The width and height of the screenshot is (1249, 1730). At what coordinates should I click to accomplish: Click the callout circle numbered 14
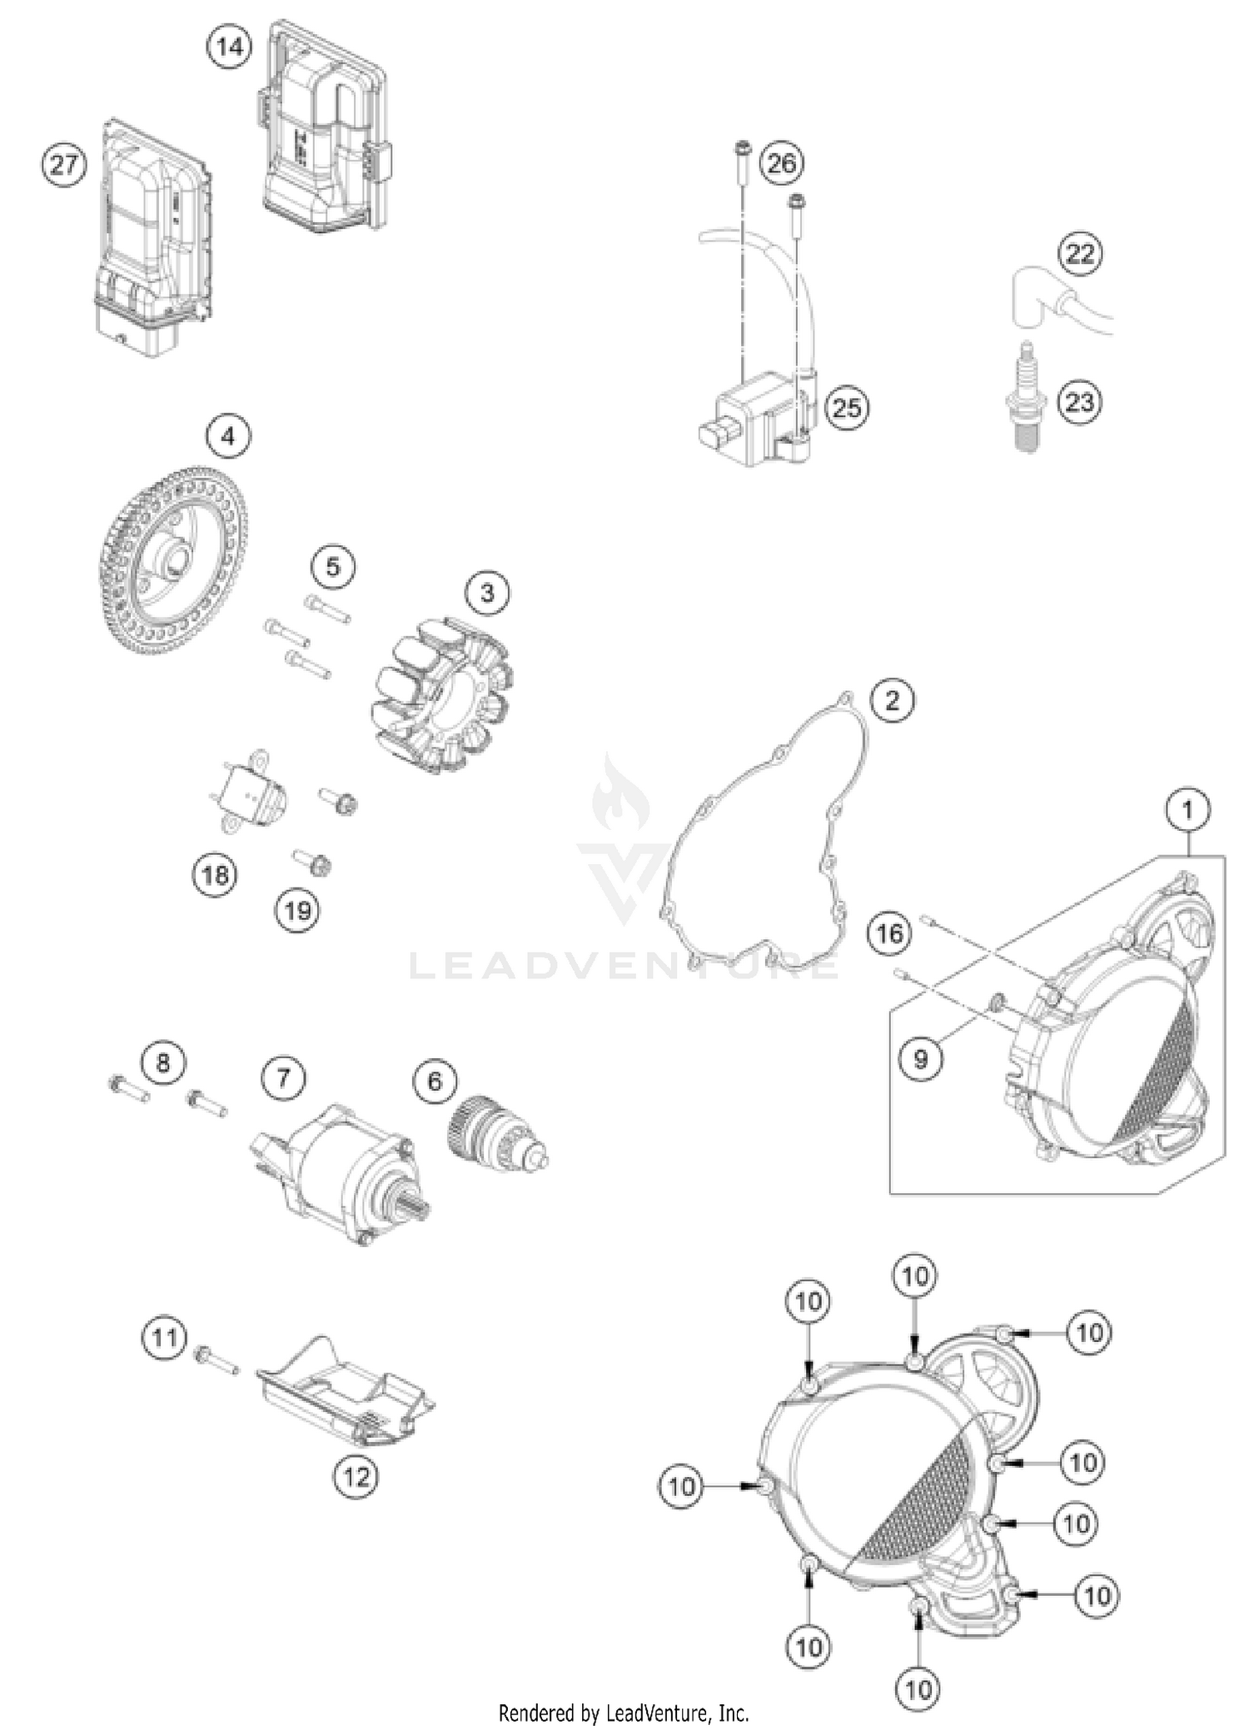point(229,47)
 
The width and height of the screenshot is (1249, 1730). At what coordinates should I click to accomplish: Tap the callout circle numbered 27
point(64,164)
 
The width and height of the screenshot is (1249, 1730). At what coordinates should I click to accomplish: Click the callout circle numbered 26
point(781,164)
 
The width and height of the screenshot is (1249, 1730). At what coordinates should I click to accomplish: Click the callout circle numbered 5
point(333,567)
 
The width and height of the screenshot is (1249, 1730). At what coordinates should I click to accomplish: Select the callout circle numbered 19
point(298,911)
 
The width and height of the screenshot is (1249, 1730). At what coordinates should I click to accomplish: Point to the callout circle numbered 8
point(162,1062)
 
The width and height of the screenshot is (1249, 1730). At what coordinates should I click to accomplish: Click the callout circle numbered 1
point(1187,809)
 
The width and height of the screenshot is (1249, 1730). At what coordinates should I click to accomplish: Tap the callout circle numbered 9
point(920,1059)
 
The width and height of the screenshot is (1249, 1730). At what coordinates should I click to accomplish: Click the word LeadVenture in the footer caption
point(654,1713)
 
